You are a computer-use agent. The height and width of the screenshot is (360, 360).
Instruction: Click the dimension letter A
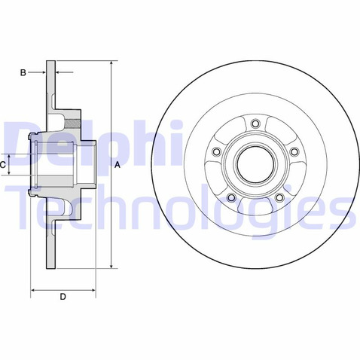(x=117, y=164)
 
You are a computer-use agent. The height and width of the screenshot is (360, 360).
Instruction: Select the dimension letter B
(x=23, y=73)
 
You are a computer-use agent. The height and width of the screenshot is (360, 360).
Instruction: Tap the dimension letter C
(x=4, y=163)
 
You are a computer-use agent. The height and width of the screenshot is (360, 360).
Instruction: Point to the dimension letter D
(x=63, y=297)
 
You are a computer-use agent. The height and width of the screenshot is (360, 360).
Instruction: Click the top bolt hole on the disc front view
(x=255, y=124)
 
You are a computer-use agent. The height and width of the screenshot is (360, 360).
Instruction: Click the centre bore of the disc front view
(x=255, y=163)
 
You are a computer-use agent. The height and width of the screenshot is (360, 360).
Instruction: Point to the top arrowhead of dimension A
(x=111, y=62)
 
